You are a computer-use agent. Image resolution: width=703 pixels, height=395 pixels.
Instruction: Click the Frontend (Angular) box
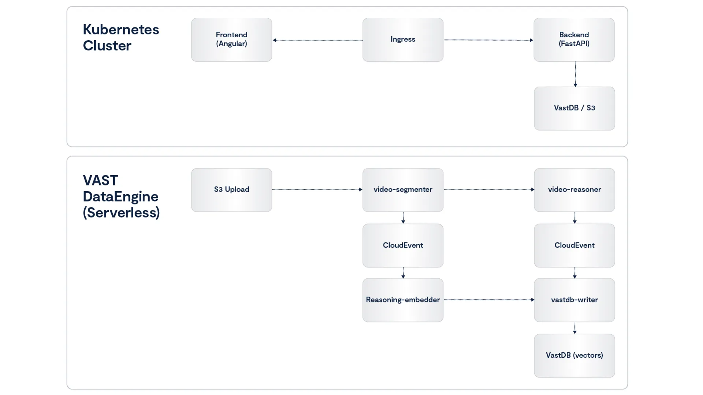tap(231, 39)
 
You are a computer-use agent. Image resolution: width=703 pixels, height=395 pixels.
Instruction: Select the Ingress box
tap(403, 39)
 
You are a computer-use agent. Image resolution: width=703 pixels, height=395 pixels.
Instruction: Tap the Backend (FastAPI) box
tap(574, 39)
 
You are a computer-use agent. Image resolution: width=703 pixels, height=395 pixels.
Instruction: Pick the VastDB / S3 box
tap(574, 108)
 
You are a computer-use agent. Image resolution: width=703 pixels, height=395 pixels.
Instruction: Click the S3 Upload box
tap(231, 190)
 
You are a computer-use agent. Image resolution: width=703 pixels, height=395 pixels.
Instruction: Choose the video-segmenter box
tap(403, 190)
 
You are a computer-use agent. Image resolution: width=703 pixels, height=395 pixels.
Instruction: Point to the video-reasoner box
tap(574, 190)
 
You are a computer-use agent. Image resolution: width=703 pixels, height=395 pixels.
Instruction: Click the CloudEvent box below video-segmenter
tap(403, 245)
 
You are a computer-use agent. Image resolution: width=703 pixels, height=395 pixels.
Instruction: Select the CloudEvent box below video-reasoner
tap(574, 245)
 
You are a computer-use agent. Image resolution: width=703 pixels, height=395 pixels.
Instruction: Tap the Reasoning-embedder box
tap(403, 300)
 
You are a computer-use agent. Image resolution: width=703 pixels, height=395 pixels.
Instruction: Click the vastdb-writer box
tap(574, 300)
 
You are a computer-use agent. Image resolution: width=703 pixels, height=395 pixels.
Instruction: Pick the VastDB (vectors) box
tap(574, 355)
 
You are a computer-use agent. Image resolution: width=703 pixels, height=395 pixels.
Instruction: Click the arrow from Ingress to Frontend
tap(317, 40)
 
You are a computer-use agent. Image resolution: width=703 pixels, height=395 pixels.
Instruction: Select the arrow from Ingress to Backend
tap(488, 40)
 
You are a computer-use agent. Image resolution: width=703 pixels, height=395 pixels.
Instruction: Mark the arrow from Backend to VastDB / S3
tap(575, 74)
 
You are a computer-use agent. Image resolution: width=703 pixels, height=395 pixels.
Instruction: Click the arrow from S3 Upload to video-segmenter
tap(317, 189)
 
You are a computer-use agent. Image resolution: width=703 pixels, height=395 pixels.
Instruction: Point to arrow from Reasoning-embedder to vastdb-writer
tap(489, 300)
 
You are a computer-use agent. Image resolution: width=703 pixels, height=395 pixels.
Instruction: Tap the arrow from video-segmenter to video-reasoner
tap(489, 189)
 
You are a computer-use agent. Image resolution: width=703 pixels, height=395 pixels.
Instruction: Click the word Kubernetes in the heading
tap(121, 30)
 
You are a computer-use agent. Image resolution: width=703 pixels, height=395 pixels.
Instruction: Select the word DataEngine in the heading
tap(120, 197)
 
